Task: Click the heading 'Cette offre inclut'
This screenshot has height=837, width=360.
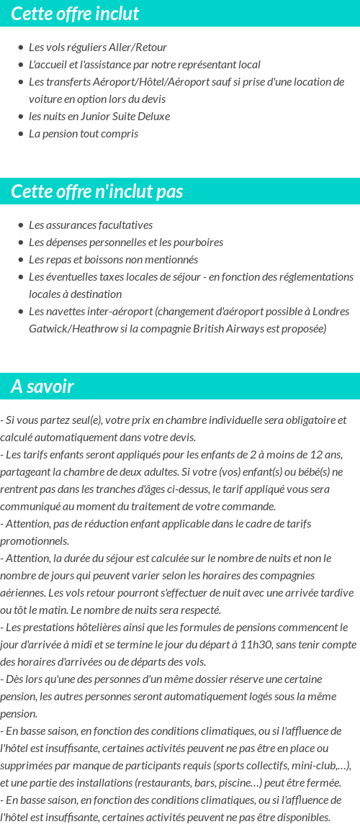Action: point(75,14)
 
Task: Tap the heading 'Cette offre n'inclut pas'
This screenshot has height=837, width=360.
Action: point(97,191)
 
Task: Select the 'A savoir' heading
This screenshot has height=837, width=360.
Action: point(42,386)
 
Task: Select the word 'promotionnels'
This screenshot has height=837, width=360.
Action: point(35,540)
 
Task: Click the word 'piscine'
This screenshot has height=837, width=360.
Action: point(212,782)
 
